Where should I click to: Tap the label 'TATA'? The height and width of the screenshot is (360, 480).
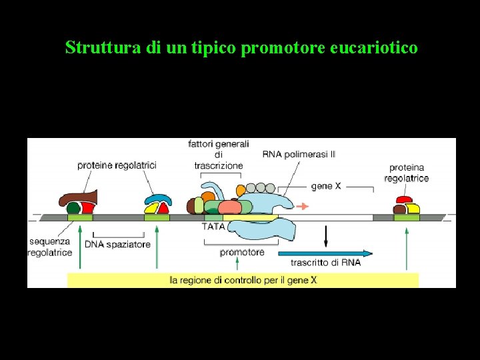tap(213, 226)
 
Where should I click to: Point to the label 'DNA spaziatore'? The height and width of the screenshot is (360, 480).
tap(117, 245)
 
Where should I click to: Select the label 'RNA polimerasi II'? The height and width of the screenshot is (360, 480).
tap(299, 155)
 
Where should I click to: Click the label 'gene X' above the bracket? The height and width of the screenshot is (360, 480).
tap(325, 186)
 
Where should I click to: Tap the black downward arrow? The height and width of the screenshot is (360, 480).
tap(326, 235)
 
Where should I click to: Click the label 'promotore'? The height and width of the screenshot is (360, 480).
tap(242, 252)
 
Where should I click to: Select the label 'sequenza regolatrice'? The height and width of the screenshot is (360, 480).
tap(50, 247)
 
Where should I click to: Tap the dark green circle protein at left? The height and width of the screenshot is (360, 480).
tap(73, 209)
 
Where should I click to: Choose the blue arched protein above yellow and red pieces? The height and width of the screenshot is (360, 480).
tap(159, 200)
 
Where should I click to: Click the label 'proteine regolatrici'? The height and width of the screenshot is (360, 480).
tap(117, 165)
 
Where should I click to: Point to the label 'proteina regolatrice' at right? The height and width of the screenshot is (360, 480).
tap(409, 173)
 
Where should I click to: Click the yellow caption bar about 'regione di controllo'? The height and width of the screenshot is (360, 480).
tap(243, 280)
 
